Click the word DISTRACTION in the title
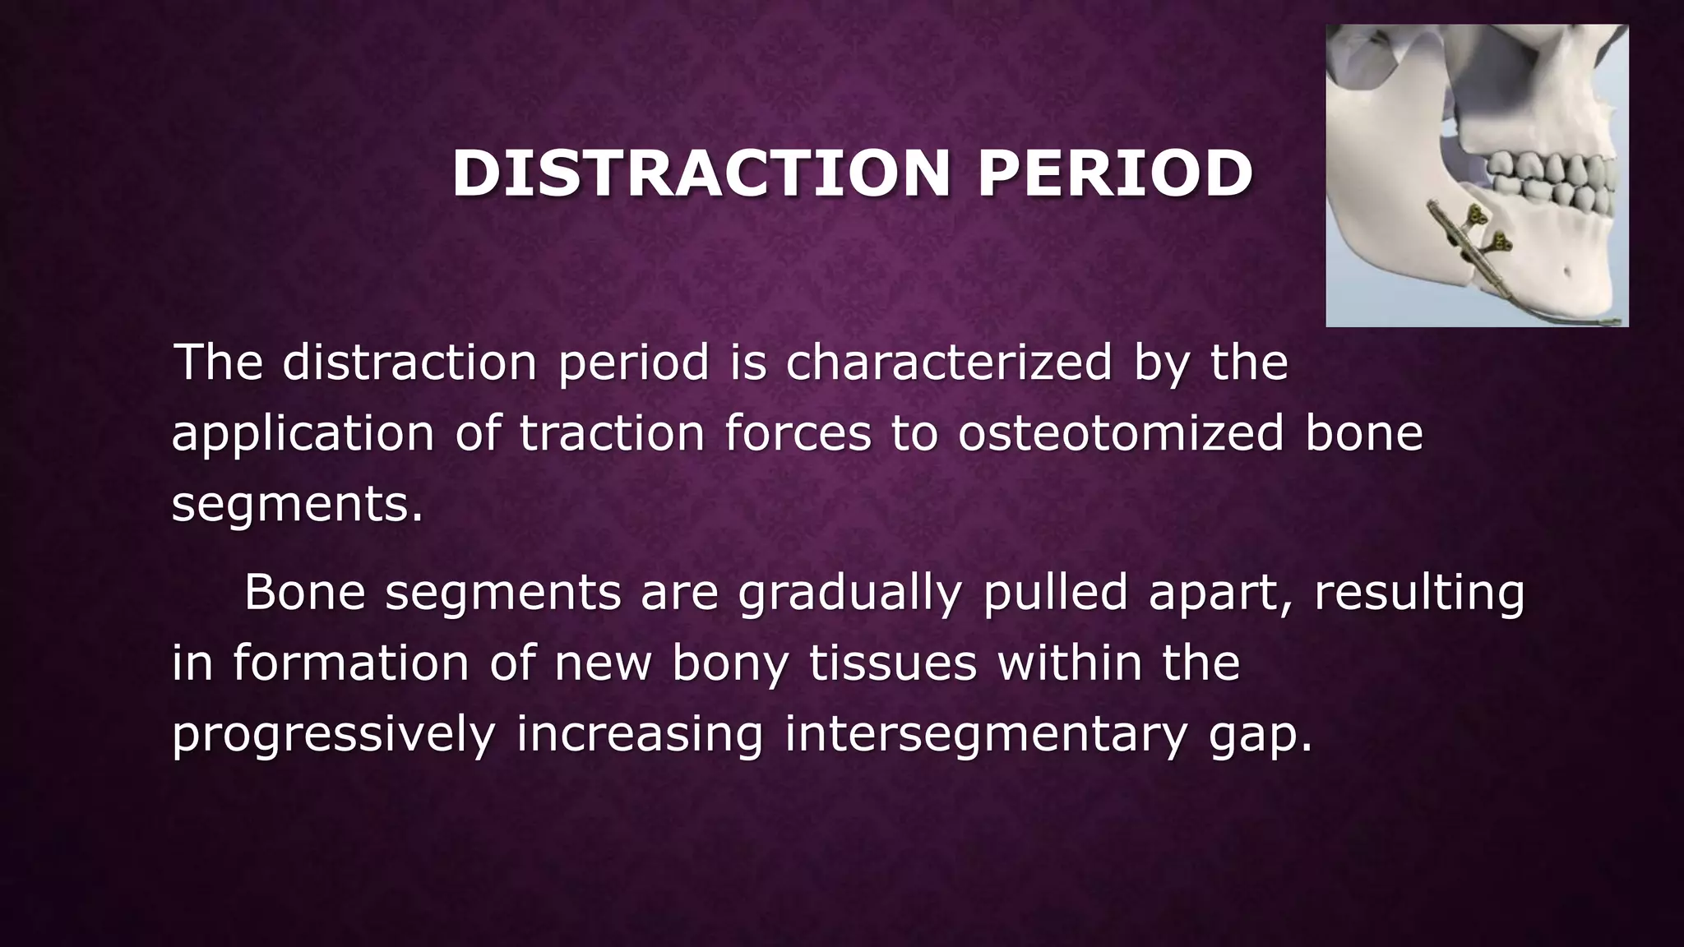[701, 174]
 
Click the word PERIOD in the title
[1115, 174]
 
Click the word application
[302, 434]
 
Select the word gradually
[849, 594]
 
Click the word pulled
[1055, 592]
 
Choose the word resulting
[1419, 594]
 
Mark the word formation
[350, 663]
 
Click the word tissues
[893, 663]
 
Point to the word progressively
[333, 735]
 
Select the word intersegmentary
[986, 735]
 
